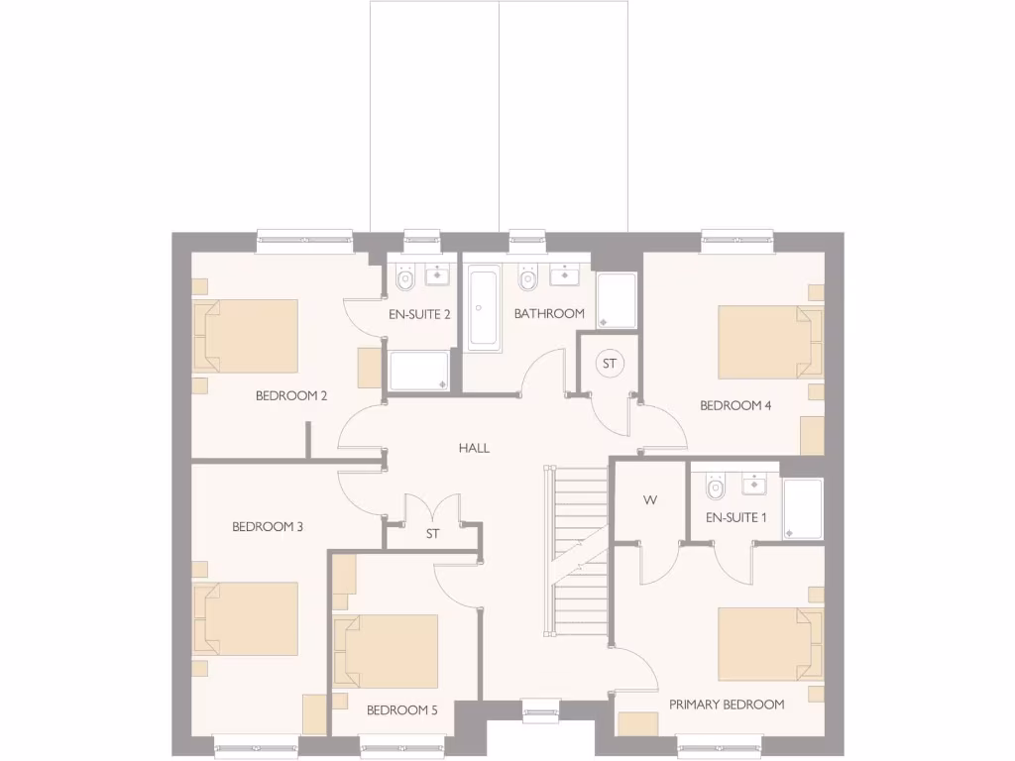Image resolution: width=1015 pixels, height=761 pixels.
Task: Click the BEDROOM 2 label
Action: [291, 395]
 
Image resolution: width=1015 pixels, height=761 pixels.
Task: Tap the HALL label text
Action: [474, 448]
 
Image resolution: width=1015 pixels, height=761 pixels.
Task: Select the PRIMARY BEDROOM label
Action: [727, 705]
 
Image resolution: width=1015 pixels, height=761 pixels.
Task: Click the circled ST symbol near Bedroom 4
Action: [610, 364]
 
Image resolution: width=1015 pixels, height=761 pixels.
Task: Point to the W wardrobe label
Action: [650, 500]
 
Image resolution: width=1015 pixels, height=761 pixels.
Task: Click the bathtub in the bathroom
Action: [484, 308]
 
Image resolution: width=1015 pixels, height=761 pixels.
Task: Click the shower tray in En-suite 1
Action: [802, 509]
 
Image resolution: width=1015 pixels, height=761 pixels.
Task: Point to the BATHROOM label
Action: [549, 313]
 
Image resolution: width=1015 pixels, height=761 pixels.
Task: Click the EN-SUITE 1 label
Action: [736, 517]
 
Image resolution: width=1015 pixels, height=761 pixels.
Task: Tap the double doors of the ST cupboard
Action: [433, 511]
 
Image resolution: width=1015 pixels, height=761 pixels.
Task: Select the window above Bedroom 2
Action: [304, 236]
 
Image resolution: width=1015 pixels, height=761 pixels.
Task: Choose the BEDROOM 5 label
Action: [401, 710]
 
